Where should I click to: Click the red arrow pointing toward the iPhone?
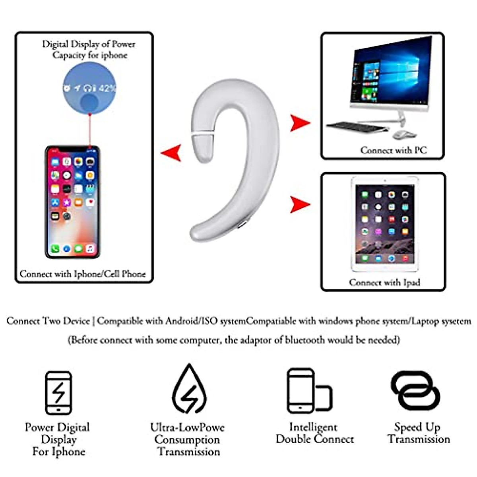(x=172, y=153)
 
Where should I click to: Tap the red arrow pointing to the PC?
(x=299, y=123)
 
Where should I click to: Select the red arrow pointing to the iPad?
(x=299, y=204)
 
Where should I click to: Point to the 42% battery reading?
(x=107, y=88)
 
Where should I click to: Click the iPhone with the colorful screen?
(x=72, y=202)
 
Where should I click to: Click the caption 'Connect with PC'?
(x=393, y=150)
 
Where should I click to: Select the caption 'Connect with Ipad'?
(x=384, y=282)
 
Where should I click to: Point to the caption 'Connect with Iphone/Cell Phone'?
(x=83, y=274)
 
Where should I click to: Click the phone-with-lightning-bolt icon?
(x=58, y=393)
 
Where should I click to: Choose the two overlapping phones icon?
(x=309, y=391)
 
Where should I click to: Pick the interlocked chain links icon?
(x=415, y=390)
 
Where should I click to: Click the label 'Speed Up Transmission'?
(x=419, y=433)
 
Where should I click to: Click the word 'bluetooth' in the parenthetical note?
(x=305, y=340)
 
